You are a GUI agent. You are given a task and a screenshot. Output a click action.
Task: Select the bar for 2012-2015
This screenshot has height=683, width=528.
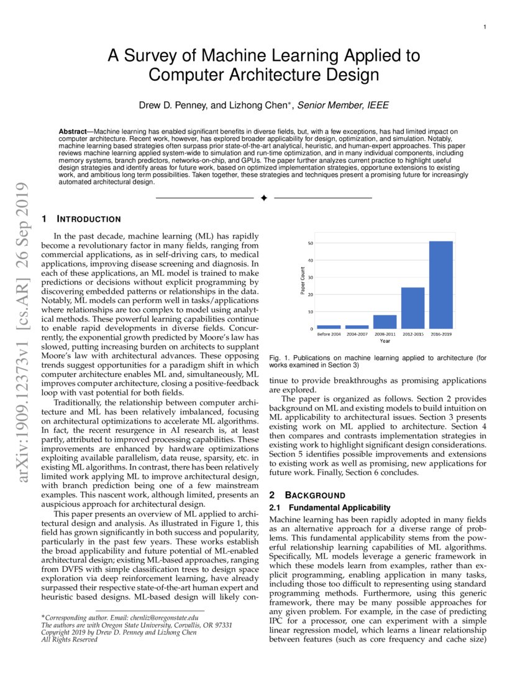(x=412, y=308)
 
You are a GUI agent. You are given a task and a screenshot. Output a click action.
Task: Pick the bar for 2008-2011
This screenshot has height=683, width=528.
(x=385, y=322)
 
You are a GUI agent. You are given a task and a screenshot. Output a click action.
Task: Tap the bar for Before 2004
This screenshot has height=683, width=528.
(x=329, y=327)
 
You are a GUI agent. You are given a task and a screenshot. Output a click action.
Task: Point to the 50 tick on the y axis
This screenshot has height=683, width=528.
(x=310, y=243)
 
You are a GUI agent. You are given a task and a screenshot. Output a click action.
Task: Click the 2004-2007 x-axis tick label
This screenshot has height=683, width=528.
(x=357, y=335)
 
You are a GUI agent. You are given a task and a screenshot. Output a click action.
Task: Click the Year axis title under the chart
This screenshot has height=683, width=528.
(x=385, y=341)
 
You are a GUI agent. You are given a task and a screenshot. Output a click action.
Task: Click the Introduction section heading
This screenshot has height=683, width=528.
(x=81, y=219)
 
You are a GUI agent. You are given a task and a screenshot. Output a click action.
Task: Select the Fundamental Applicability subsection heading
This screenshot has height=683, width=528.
(x=329, y=508)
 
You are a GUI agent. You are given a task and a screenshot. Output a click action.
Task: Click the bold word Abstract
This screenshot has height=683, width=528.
(x=72, y=132)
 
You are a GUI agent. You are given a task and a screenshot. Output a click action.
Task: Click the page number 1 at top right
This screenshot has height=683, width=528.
(x=483, y=27)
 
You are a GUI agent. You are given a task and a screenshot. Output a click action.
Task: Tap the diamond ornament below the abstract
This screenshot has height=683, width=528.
(x=263, y=197)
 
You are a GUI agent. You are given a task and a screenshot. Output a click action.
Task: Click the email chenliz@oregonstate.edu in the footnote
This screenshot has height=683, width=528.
(x=163, y=618)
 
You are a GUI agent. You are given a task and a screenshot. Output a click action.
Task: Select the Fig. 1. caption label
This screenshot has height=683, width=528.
(x=278, y=358)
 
